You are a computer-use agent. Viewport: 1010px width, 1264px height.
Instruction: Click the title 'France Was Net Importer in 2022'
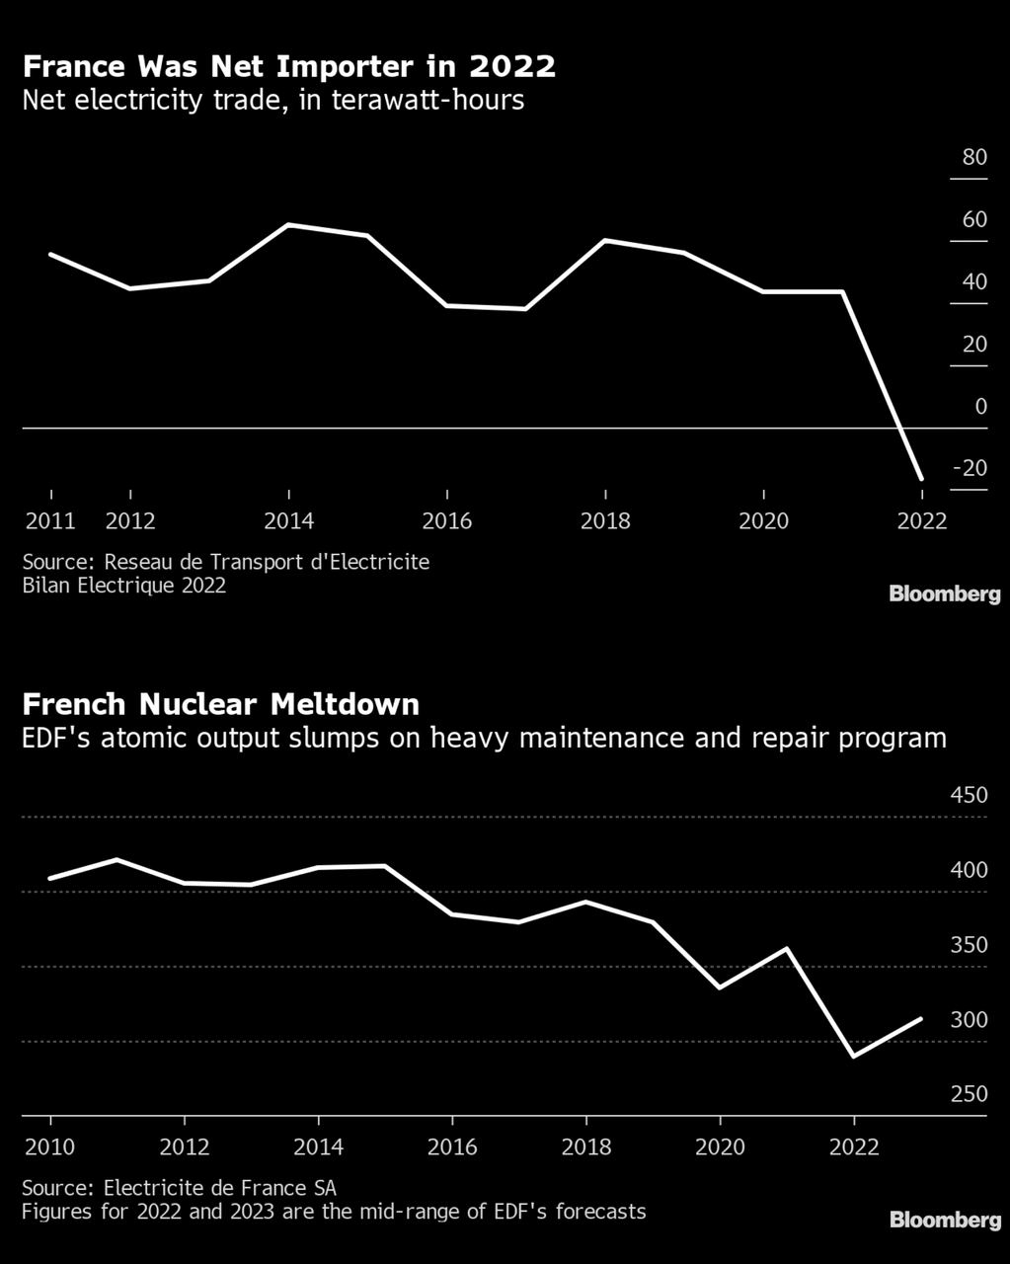click(288, 67)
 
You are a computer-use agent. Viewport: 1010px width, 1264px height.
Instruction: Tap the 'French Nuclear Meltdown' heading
click(220, 704)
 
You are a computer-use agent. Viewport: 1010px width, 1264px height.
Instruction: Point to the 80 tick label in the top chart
click(973, 157)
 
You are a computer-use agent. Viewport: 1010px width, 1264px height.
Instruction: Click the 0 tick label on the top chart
click(980, 406)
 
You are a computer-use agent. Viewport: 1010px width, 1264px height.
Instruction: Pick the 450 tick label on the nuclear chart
click(969, 795)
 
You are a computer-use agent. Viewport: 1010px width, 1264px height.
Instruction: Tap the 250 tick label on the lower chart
click(969, 1093)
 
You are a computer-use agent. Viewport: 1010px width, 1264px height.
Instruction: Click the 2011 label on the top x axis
click(49, 520)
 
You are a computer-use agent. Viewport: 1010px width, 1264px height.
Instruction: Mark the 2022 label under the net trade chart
click(921, 520)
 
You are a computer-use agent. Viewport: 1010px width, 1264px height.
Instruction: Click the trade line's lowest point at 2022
click(921, 479)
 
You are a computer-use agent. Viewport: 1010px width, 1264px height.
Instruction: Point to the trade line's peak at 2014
click(288, 225)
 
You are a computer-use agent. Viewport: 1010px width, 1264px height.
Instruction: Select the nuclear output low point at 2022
click(854, 1057)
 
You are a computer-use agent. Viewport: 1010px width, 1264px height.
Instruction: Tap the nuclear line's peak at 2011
click(117, 859)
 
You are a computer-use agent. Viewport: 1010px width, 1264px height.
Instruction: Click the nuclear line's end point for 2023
click(921, 1018)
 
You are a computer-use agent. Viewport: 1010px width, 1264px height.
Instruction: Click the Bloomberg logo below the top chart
click(944, 594)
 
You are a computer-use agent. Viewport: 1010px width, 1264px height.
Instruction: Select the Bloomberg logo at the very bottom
click(944, 1221)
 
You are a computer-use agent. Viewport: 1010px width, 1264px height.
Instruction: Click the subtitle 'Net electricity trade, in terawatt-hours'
click(272, 100)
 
